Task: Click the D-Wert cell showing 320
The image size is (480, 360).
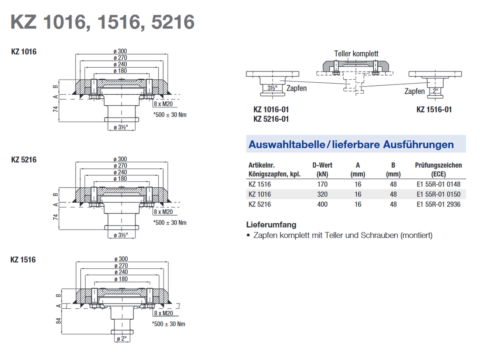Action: click(x=322, y=194)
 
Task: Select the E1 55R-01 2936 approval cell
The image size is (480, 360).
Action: click(x=438, y=204)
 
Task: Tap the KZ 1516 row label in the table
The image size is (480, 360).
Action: click(x=260, y=184)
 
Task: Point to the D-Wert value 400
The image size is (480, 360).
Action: click(x=322, y=204)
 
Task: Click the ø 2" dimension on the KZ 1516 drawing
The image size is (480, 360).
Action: click(x=122, y=339)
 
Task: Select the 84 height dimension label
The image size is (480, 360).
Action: click(x=59, y=320)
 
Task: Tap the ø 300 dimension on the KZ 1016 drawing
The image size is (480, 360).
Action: click(x=120, y=51)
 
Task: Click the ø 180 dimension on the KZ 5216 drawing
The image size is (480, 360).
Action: click(x=120, y=179)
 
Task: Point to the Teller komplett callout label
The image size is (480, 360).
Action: click(x=356, y=54)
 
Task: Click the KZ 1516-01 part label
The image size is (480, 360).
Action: click(x=434, y=110)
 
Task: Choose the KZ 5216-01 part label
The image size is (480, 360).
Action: click(x=271, y=119)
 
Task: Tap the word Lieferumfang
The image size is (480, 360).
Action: click(x=271, y=225)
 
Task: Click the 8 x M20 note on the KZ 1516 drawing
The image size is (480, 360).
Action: click(x=163, y=314)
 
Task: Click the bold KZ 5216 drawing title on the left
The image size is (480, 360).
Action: click(x=24, y=160)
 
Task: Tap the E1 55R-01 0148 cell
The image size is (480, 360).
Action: click(x=438, y=184)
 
